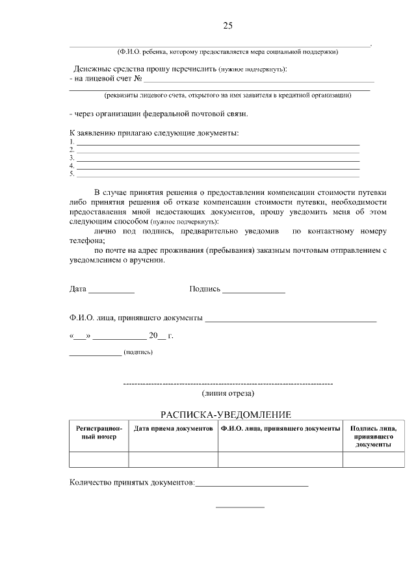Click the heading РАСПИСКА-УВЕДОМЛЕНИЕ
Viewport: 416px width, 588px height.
(x=226, y=415)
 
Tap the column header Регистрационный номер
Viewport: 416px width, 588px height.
(x=98, y=433)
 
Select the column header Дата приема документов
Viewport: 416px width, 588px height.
(x=173, y=429)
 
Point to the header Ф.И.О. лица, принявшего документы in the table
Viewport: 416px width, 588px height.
(x=280, y=429)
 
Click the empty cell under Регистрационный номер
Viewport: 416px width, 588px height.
(x=98, y=459)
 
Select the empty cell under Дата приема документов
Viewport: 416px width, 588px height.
(x=173, y=459)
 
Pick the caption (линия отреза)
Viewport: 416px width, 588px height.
(x=227, y=393)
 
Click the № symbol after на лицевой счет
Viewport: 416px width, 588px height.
(x=138, y=79)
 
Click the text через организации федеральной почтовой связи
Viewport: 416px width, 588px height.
(x=159, y=114)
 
